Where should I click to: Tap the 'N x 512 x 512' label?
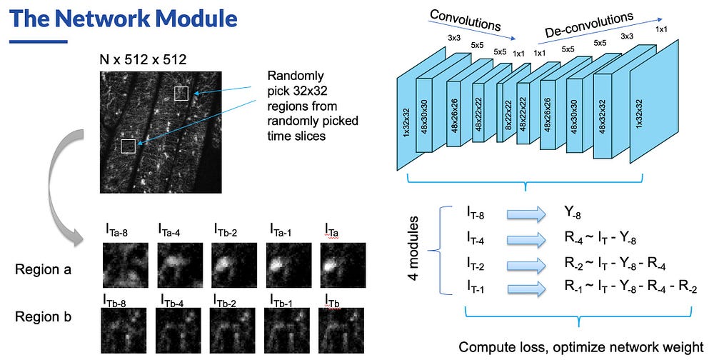[142, 59]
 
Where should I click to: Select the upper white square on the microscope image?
[181, 93]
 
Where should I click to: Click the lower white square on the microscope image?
[128, 146]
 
